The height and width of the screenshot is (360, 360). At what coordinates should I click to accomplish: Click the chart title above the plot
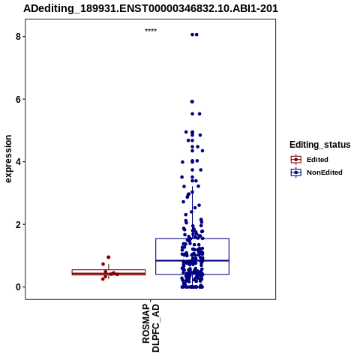(x=151, y=8)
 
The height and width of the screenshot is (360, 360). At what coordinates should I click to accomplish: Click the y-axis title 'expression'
(x=8, y=159)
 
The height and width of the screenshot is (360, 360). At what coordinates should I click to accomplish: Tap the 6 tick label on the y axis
(x=18, y=99)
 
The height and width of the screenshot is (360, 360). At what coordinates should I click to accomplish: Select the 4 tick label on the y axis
(x=18, y=162)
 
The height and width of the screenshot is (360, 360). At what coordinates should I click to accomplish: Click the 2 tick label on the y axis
(x=18, y=224)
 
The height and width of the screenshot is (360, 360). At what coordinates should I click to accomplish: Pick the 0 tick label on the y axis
(x=18, y=287)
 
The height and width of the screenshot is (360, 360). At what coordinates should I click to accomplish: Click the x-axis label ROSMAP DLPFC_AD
(x=151, y=328)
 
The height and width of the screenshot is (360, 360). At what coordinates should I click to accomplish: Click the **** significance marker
(x=151, y=31)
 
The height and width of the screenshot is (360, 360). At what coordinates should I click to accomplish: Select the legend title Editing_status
(x=320, y=145)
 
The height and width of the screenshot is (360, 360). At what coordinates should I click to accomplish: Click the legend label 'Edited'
(x=317, y=160)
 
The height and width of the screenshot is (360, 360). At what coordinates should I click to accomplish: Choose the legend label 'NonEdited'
(x=325, y=172)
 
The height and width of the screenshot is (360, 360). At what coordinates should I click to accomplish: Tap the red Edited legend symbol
(x=296, y=160)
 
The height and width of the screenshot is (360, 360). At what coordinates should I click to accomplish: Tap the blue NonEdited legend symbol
(x=296, y=172)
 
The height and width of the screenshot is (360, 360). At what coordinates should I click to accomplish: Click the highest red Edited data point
(x=109, y=257)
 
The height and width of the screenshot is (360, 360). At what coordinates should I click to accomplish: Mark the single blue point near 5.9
(x=192, y=102)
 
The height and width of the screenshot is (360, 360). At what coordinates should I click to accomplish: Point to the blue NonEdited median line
(x=193, y=261)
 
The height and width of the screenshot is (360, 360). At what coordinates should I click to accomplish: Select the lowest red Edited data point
(x=103, y=279)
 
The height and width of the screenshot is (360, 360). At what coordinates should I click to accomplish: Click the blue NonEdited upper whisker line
(x=193, y=212)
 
